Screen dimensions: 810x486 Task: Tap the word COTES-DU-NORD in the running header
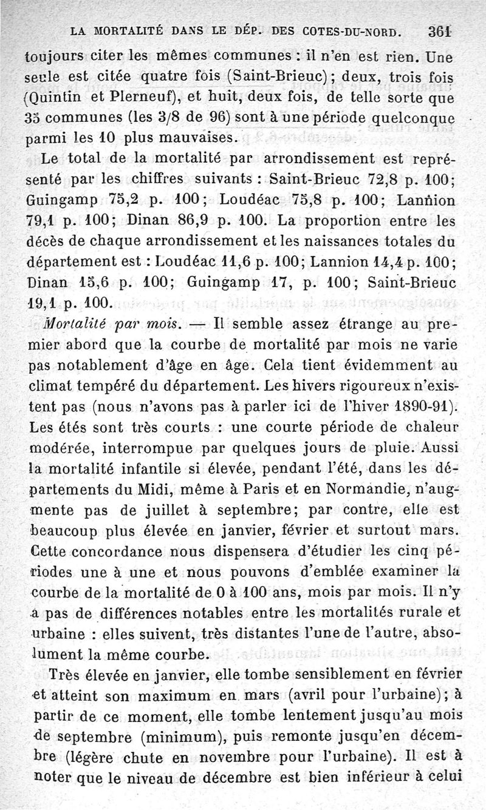click(344, 32)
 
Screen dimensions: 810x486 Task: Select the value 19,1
click(43, 302)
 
